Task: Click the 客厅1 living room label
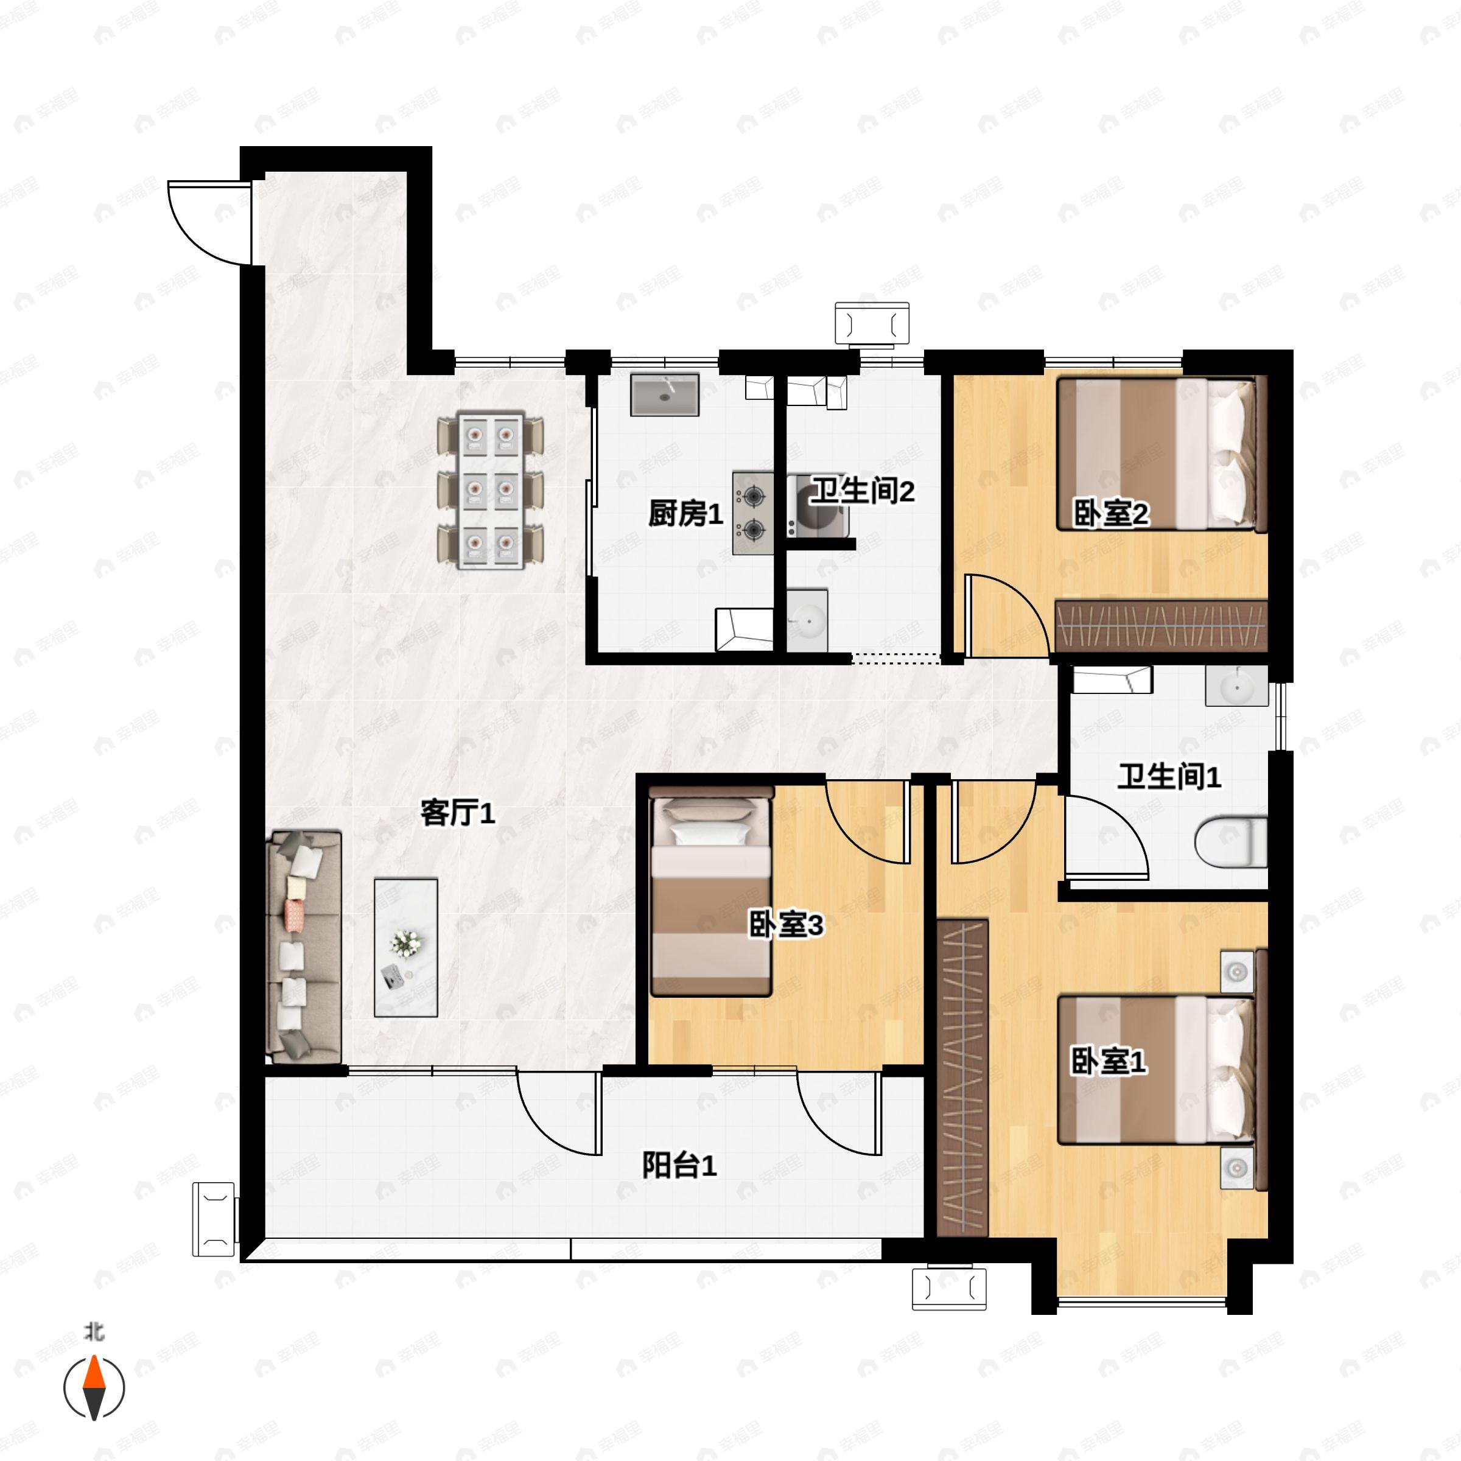click(x=458, y=814)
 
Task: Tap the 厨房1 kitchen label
click(x=685, y=514)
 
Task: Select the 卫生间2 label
click(x=863, y=491)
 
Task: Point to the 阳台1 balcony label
click(x=679, y=1165)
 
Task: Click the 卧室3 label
click(x=786, y=924)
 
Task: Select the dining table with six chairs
click(x=491, y=490)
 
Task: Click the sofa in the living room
click(x=305, y=948)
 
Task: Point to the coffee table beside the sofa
click(x=406, y=947)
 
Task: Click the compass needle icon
click(x=94, y=1388)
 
